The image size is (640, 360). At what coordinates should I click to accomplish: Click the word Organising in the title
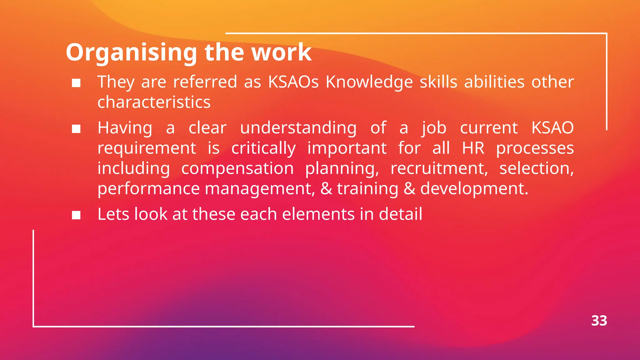pyautogui.click(x=131, y=52)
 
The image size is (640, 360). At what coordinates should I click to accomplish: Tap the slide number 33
pyautogui.click(x=599, y=321)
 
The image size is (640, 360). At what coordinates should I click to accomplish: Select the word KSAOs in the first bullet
pyautogui.click(x=293, y=82)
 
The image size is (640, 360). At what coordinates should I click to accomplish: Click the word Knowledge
pyautogui.click(x=369, y=82)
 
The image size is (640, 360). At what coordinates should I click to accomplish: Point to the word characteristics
pyautogui.click(x=154, y=102)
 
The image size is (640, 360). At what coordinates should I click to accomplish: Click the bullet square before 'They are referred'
pyautogui.click(x=76, y=83)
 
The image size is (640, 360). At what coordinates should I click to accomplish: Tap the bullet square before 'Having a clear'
pyautogui.click(x=76, y=129)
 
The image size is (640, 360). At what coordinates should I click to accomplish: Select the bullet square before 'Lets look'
pyautogui.click(x=76, y=215)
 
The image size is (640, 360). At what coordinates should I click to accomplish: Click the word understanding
pyautogui.click(x=298, y=128)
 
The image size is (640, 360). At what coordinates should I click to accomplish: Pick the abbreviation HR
pyautogui.click(x=473, y=148)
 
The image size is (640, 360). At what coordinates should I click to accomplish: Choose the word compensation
pyautogui.click(x=237, y=168)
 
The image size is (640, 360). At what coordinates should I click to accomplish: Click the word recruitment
pyautogui.click(x=439, y=168)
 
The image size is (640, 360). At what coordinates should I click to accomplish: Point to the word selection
pyautogui.click(x=536, y=168)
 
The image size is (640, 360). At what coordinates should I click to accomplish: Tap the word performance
pyautogui.click(x=148, y=189)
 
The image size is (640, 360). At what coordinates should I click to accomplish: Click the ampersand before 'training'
pyautogui.click(x=326, y=189)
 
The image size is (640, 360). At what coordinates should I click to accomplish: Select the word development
pyautogui.click(x=474, y=189)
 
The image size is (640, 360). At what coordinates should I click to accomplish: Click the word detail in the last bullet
pyautogui.click(x=400, y=214)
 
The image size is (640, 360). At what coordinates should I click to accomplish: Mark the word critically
pyautogui.click(x=263, y=148)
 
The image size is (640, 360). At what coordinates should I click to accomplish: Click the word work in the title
pyautogui.click(x=281, y=52)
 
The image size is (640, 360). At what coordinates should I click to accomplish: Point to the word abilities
pyautogui.click(x=494, y=82)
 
